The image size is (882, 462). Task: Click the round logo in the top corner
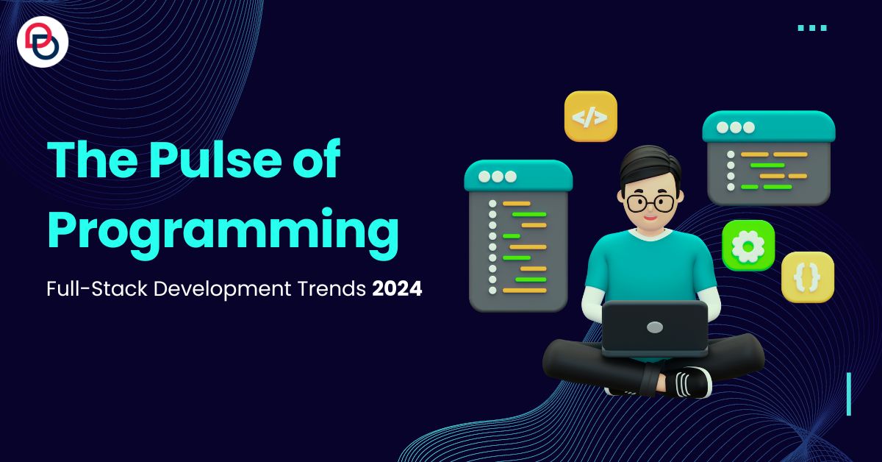click(x=43, y=42)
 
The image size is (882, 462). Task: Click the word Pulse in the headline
click(x=215, y=159)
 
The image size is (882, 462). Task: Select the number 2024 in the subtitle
click(x=397, y=288)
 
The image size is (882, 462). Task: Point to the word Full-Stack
click(x=97, y=288)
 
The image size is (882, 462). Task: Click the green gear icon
click(x=748, y=246)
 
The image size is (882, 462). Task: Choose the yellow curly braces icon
click(x=808, y=277)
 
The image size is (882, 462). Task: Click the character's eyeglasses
click(x=650, y=203)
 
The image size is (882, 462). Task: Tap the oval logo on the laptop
click(x=655, y=327)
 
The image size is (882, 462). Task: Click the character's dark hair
click(x=650, y=166)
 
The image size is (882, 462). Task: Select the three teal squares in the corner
click(x=812, y=28)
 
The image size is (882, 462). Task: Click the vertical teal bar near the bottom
click(x=849, y=394)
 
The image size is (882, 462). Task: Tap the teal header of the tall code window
click(x=518, y=176)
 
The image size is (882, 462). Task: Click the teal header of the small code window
click(x=769, y=127)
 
